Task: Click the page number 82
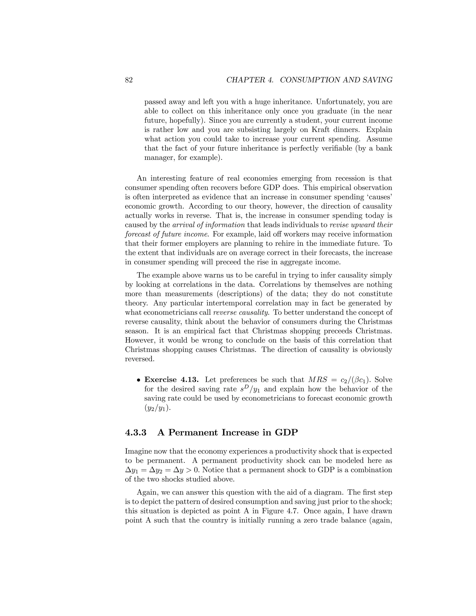tap(129, 80)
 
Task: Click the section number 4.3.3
tap(136, 433)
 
